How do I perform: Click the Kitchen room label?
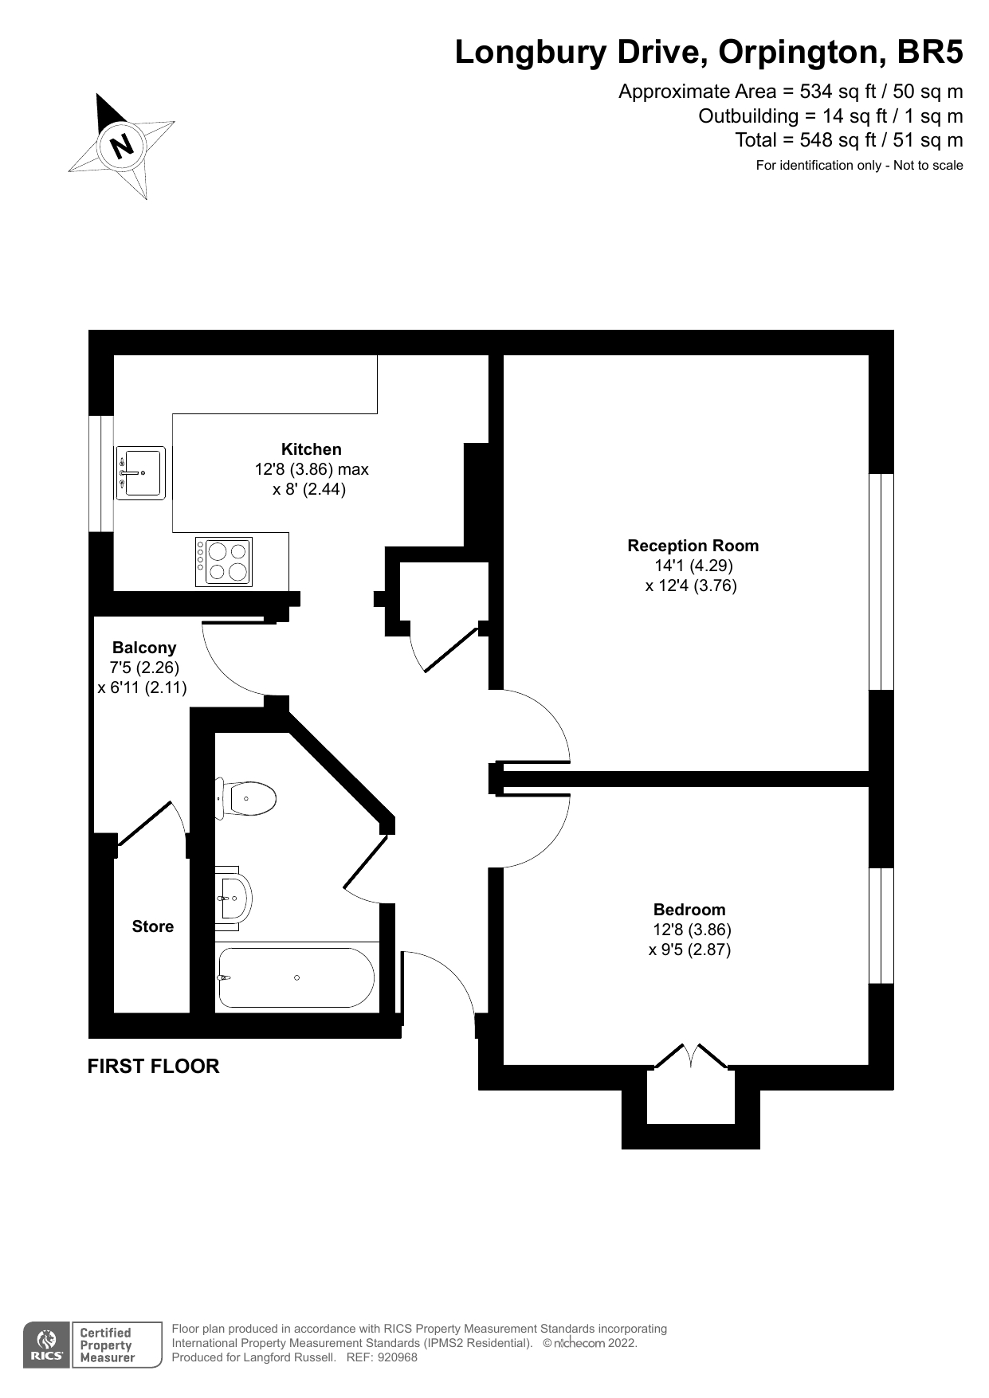[x=311, y=449]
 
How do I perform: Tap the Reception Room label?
[x=693, y=546]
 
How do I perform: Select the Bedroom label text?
[x=689, y=910]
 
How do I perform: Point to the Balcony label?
[x=144, y=648]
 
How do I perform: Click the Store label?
[x=153, y=926]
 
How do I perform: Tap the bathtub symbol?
[x=296, y=977]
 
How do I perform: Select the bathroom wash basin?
[x=233, y=898]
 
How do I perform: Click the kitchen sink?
[x=141, y=472]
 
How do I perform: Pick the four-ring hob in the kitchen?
[x=225, y=562]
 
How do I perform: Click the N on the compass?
[x=122, y=146]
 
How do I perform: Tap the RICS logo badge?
[x=46, y=1345]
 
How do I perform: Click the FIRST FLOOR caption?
[x=153, y=1067]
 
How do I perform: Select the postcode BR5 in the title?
[x=930, y=53]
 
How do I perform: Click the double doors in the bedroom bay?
[x=691, y=1057]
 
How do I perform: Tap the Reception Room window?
[x=881, y=582]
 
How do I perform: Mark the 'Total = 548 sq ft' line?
[x=848, y=140]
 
